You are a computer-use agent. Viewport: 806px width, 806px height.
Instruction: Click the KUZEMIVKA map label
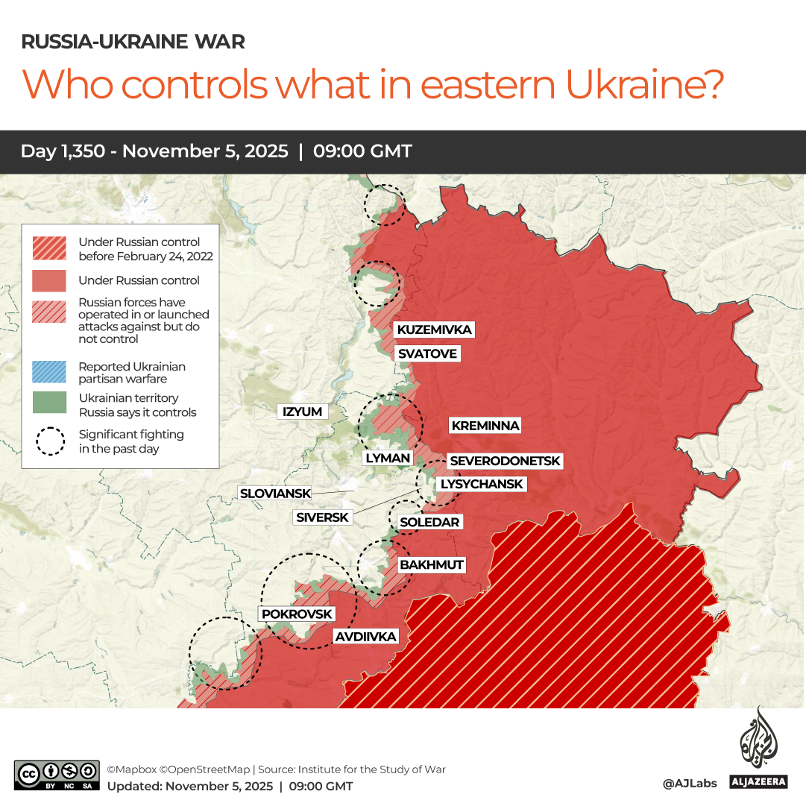[x=434, y=330]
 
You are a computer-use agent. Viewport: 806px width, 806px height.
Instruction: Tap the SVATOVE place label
[x=427, y=353]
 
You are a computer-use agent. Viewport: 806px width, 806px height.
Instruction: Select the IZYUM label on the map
[x=302, y=412]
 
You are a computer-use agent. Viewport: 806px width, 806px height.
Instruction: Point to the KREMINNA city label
[x=485, y=426]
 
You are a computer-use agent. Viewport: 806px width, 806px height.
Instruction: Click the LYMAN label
[x=388, y=458]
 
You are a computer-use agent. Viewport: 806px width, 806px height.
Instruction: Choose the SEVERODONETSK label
[x=505, y=462]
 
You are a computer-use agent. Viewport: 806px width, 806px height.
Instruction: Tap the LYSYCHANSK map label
[x=482, y=484]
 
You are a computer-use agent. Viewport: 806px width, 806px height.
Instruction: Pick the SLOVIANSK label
[x=273, y=494]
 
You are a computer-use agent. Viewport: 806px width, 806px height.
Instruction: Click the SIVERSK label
[x=322, y=517]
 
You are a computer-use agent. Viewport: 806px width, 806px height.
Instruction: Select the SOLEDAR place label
[x=429, y=522]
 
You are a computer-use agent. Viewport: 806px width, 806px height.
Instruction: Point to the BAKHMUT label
[x=432, y=564]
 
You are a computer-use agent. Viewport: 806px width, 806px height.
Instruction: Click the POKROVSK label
[x=297, y=614]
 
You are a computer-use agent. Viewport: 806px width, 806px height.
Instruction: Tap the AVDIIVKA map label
[x=365, y=637]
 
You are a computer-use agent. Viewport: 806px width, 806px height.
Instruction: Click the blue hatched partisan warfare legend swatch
[x=49, y=372]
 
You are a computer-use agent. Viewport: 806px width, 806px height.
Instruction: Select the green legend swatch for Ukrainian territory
[x=49, y=403]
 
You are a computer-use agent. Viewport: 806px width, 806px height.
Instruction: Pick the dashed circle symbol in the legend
[x=49, y=441]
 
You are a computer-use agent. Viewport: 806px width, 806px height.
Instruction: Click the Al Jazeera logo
[x=758, y=749]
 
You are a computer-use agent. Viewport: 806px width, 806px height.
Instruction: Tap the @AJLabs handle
[x=689, y=783]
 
